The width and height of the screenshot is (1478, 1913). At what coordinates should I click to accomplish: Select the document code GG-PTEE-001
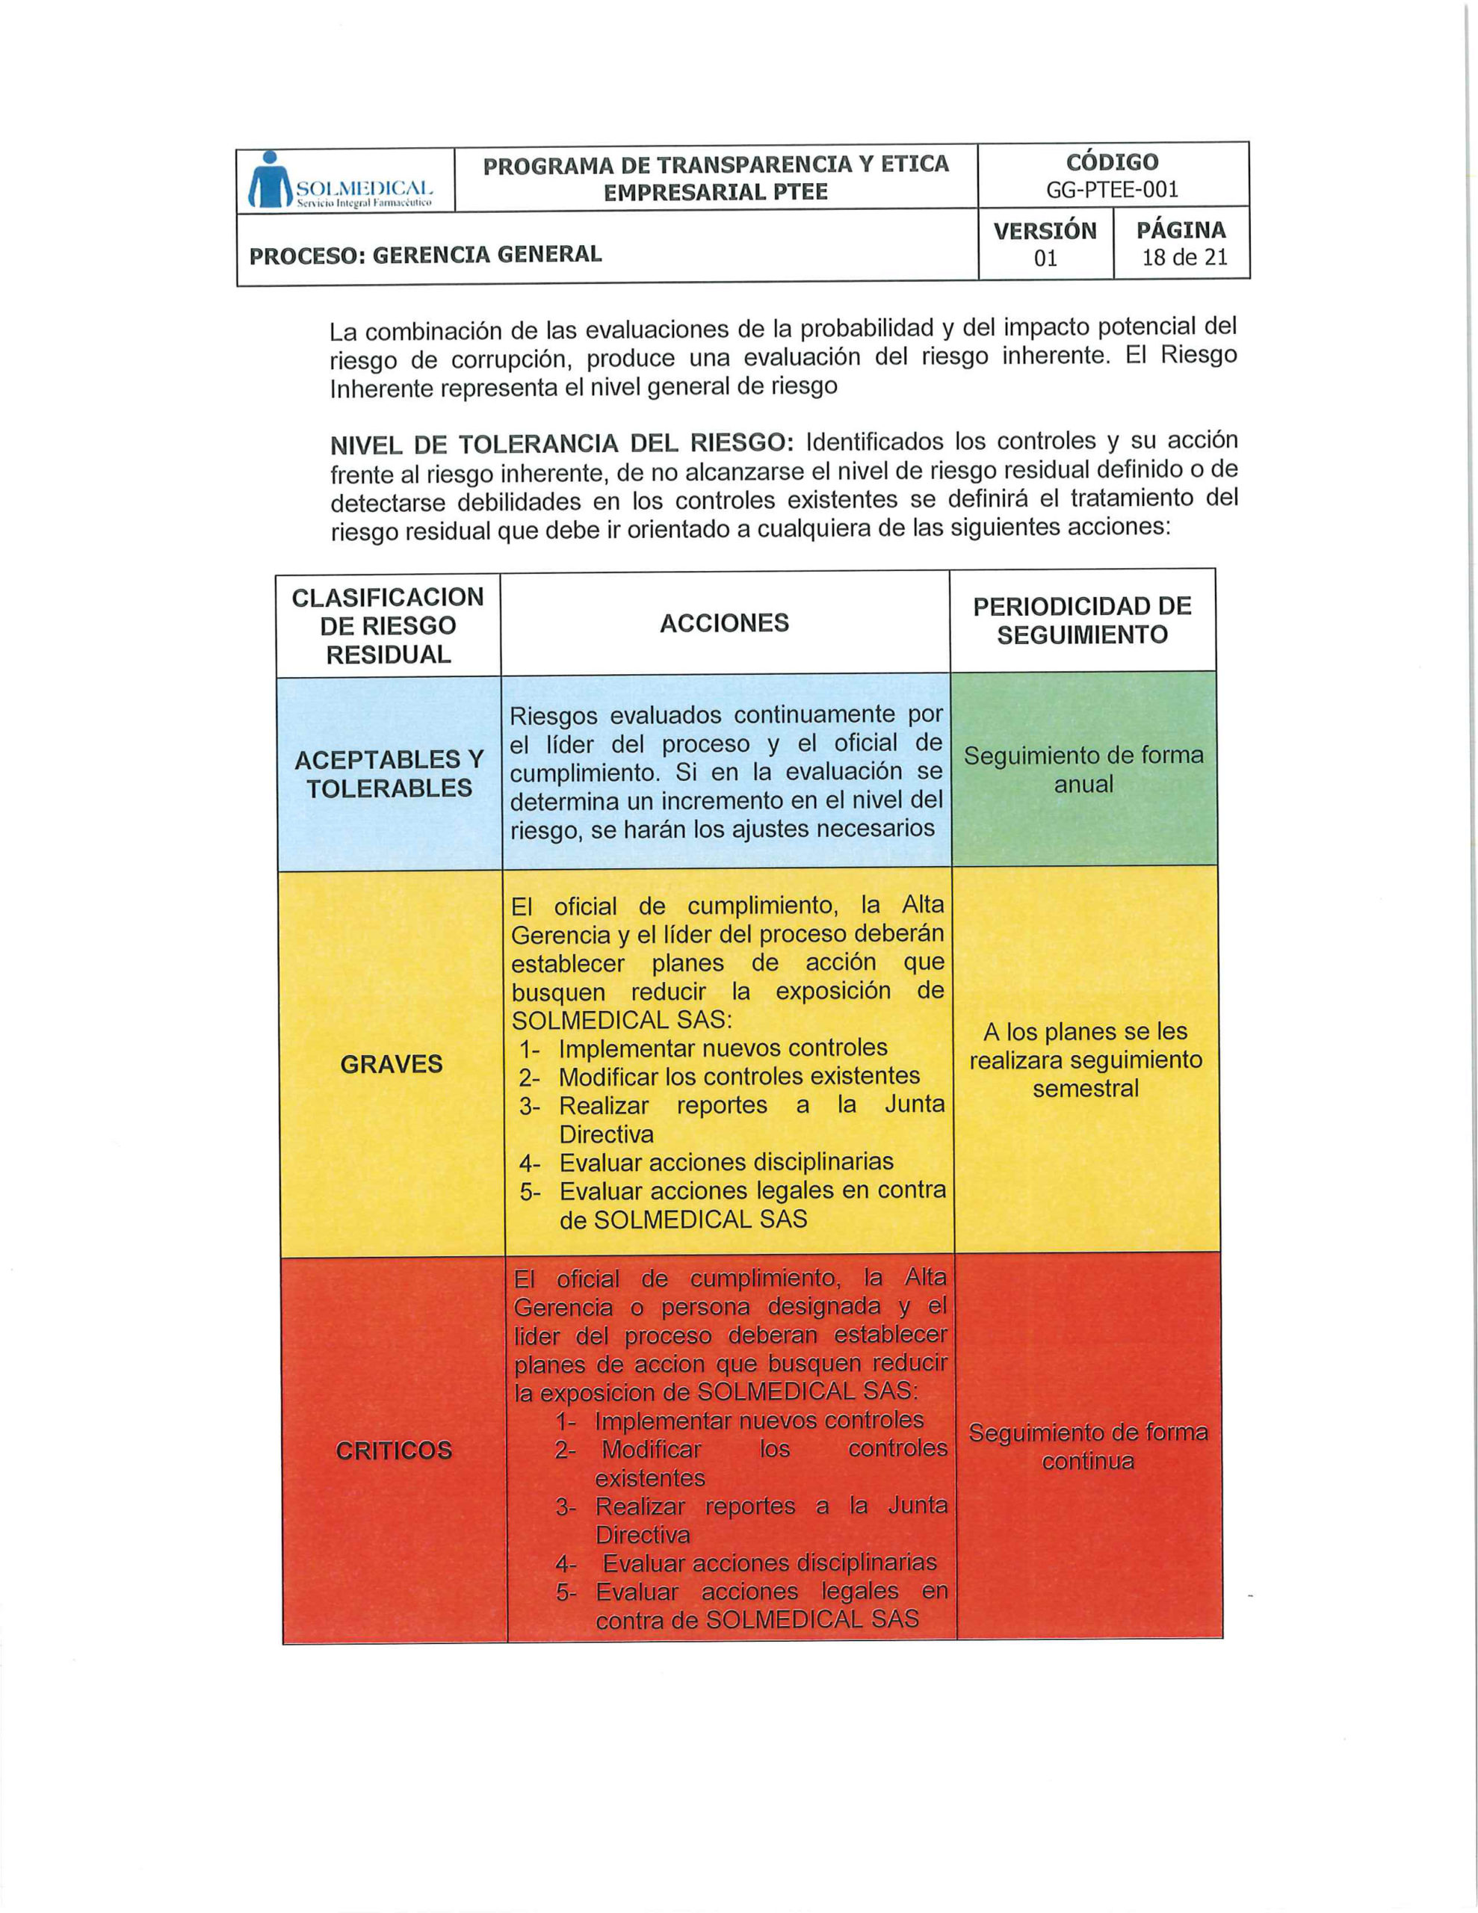click(1112, 189)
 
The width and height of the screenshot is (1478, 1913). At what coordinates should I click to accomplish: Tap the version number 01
click(1045, 259)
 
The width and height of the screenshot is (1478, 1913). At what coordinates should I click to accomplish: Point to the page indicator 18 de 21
click(1184, 258)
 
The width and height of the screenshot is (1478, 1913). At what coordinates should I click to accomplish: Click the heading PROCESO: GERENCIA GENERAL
click(426, 255)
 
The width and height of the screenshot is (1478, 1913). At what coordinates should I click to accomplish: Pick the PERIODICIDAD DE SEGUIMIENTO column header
click(1082, 620)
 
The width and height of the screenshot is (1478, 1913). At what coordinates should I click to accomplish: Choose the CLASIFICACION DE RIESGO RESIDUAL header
click(388, 625)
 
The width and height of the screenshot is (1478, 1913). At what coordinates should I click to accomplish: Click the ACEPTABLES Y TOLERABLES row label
click(389, 773)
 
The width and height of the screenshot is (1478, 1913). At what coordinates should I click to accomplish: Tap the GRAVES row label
click(391, 1064)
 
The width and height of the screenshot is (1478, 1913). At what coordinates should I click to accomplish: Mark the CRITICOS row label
click(393, 1450)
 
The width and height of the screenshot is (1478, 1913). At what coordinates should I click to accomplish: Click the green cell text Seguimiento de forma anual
click(1083, 769)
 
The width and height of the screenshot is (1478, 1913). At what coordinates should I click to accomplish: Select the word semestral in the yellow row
click(1086, 1089)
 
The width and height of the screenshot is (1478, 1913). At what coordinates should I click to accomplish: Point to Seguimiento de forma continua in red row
click(1088, 1447)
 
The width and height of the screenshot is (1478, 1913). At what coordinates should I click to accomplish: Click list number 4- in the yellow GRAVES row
click(530, 1164)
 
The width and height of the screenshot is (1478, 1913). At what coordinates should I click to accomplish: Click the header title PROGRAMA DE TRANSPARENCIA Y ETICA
click(716, 164)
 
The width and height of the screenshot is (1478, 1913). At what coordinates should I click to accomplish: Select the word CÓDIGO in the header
click(1112, 162)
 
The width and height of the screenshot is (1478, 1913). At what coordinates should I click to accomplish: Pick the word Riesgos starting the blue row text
click(554, 716)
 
